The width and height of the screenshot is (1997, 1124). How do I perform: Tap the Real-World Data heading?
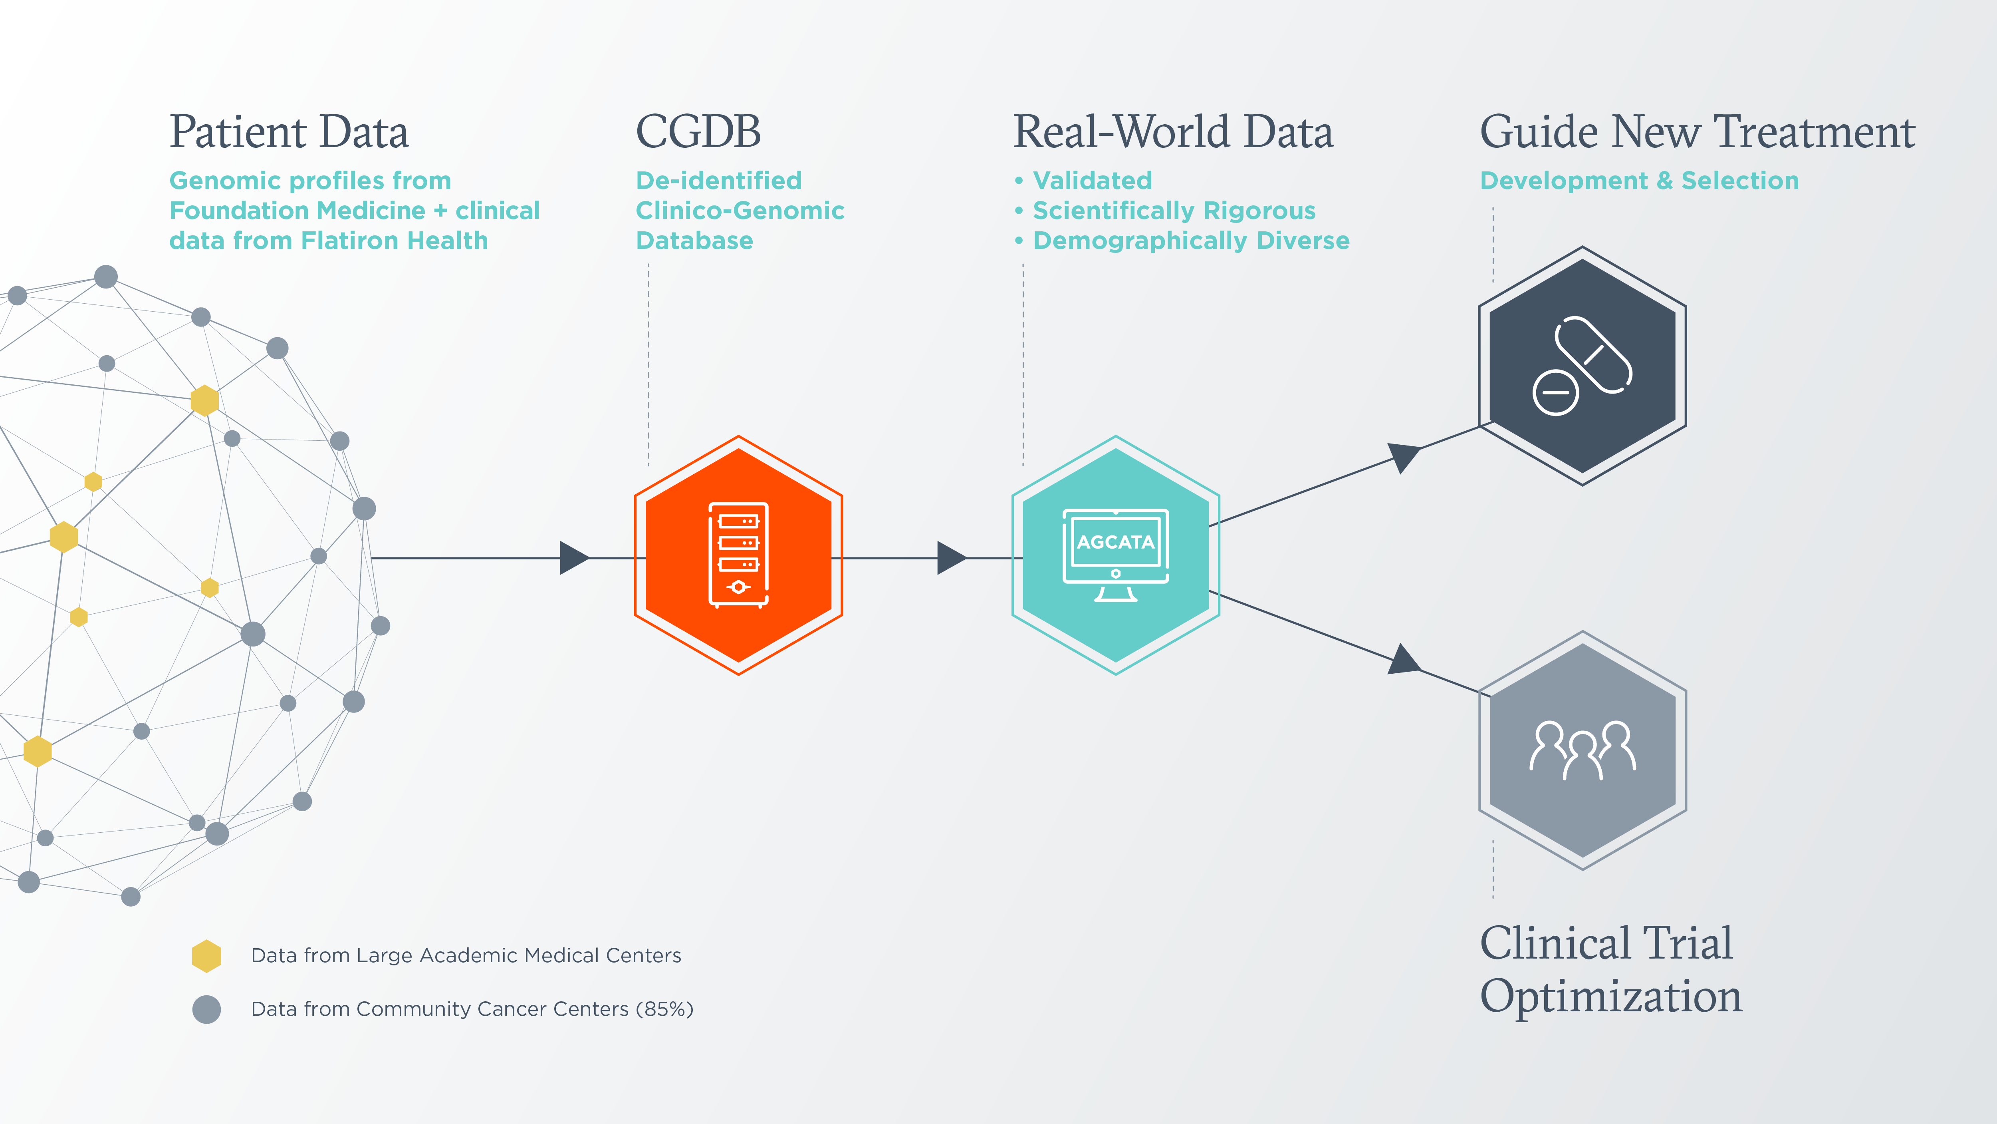tap(1173, 132)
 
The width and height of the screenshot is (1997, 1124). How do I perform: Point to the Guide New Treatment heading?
tap(1697, 132)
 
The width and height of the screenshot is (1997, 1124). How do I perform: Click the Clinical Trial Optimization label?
tap(1610, 970)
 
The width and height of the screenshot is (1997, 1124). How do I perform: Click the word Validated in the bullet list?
tap(1092, 181)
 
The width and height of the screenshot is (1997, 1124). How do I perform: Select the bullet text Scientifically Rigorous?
tap(1174, 211)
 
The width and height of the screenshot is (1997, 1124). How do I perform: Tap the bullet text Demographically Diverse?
tap(1191, 241)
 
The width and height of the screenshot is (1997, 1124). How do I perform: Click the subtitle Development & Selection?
tap(1639, 181)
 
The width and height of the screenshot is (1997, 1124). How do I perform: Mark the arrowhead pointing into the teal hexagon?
tap(950, 558)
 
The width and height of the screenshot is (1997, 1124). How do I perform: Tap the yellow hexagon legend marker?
tap(206, 956)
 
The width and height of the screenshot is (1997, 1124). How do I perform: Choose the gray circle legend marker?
tap(206, 1009)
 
